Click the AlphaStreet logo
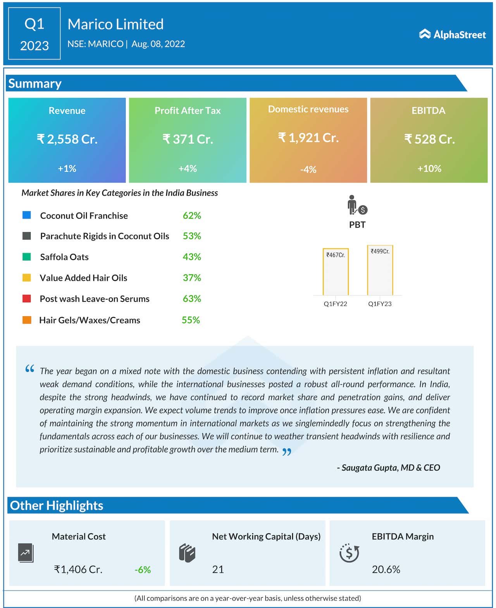tap(452, 34)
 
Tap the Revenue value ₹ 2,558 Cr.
tap(67, 139)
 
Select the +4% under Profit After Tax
tap(188, 169)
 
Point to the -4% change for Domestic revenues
tap(308, 169)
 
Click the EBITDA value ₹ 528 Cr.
tap(429, 139)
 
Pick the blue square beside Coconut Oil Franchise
tap(27, 215)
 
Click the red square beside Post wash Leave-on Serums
tap(27, 298)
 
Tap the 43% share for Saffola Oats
tap(192, 257)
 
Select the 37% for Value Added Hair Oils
tap(192, 278)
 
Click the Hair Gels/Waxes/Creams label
tap(90, 320)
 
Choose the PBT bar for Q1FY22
tap(336, 272)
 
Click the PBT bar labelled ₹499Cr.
tap(380, 270)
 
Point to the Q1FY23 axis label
tap(380, 304)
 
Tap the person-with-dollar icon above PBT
tap(356, 205)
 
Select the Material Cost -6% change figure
tap(143, 570)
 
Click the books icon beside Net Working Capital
tap(187, 553)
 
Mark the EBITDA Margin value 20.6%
tap(386, 569)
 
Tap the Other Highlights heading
tap(57, 505)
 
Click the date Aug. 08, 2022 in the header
tap(158, 44)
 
